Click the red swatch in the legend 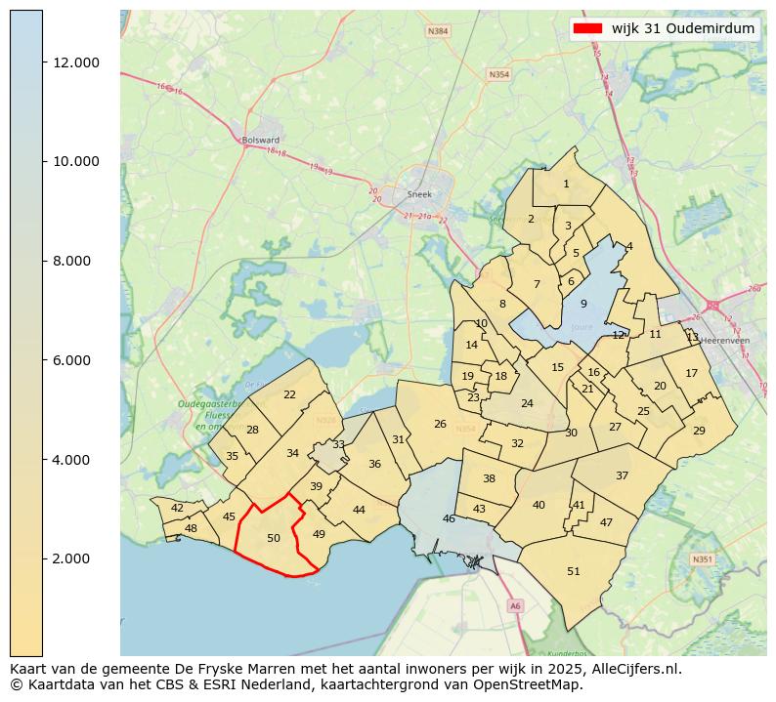589,28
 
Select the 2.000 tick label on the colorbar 76,558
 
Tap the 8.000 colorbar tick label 76,261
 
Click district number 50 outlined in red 274,538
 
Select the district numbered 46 449,518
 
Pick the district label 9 583,304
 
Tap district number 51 574,571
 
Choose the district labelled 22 289,394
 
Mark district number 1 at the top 566,184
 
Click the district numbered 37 622,475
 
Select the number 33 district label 338,444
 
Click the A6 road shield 515,606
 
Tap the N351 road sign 701,559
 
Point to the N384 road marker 439,31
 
